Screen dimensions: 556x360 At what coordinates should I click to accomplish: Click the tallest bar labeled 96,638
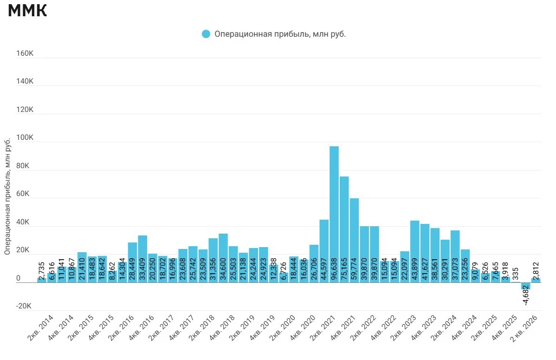pyautogui.click(x=334, y=215)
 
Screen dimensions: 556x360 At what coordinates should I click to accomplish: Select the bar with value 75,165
pyautogui.click(x=344, y=229)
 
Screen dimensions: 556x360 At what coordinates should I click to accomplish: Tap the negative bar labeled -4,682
pyautogui.click(x=525, y=286)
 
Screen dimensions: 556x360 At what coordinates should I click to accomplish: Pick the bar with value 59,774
pyautogui.click(x=354, y=240)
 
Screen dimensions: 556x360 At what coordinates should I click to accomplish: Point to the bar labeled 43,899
pyautogui.click(x=414, y=252)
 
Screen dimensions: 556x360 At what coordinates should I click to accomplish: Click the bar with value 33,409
pyautogui.click(x=142, y=259)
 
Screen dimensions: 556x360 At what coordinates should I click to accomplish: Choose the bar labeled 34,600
pyautogui.click(x=223, y=258)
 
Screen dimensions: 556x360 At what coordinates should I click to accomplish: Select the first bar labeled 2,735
pyautogui.click(x=42, y=281)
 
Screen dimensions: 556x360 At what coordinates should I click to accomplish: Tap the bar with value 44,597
pyautogui.click(x=324, y=251)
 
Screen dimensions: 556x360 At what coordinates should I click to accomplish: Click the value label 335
pyautogui.click(x=516, y=274)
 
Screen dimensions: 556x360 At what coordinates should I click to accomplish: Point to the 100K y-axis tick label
pyautogui.click(x=25, y=137)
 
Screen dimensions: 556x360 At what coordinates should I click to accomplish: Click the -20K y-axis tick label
pyautogui.click(x=24, y=306)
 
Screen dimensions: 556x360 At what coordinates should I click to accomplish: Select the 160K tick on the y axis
pyautogui.click(x=25, y=53)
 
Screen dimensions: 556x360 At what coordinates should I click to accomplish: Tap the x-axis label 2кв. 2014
pyautogui.click(x=40, y=328)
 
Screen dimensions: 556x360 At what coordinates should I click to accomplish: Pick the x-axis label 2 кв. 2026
pyautogui.click(x=524, y=328)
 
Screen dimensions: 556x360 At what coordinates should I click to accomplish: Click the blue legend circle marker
pyautogui.click(x=206, y=34)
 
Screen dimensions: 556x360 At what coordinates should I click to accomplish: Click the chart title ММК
pyautogui.click(x=27, y=11)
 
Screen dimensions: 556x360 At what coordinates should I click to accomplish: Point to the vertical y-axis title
pyautogui.click(x=7, y=196)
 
